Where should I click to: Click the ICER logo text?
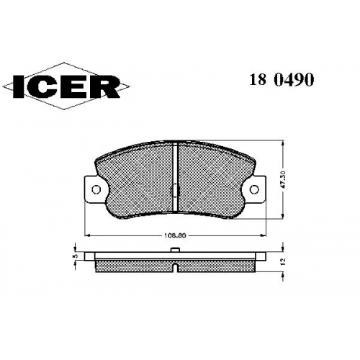[x=66, y=86]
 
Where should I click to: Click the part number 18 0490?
[x=282, y=79]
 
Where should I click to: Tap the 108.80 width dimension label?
[x=175, y=235]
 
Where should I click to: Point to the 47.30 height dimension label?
[x=283, y=179]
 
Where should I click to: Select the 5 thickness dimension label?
[x=76, y=256]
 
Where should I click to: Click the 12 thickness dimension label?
[x=283, y=261]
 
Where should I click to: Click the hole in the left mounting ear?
[x=96, y=189]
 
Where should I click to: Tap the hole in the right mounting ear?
[x=254, y=189]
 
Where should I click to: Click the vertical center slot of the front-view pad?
[x=175, y=178]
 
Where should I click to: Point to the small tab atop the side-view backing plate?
[x=175, y=250]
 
